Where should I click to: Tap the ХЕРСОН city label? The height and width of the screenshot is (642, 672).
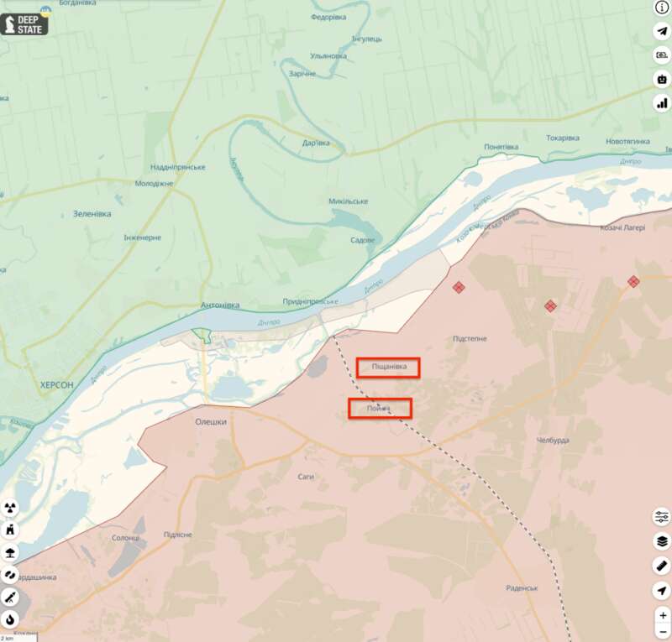coord(56,384)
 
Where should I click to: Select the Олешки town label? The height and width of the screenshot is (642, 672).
coord(211,422)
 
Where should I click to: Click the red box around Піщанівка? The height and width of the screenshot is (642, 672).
coord(387,367)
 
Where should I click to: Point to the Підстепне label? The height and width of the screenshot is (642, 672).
coord(470,338)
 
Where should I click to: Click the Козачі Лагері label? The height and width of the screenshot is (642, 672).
coord(622,228)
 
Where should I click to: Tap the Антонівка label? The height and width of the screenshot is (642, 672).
coord(221,305)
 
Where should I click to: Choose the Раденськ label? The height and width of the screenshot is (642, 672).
coord(522,588)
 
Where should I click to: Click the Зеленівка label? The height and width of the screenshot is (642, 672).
coord(91,213)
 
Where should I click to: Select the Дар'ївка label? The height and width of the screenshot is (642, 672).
coord(316,143)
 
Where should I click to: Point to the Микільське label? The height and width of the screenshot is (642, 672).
coord(348,201)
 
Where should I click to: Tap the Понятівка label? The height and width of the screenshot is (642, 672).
coord(501,147)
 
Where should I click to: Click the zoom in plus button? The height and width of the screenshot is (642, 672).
coord(663,615)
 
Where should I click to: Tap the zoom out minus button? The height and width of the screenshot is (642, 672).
coord(663,632)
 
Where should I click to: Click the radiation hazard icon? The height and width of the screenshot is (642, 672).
coord(10,508)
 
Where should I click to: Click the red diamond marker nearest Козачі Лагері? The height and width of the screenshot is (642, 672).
coord(633,282)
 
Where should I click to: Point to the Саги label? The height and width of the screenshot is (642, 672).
coord(306,476)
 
